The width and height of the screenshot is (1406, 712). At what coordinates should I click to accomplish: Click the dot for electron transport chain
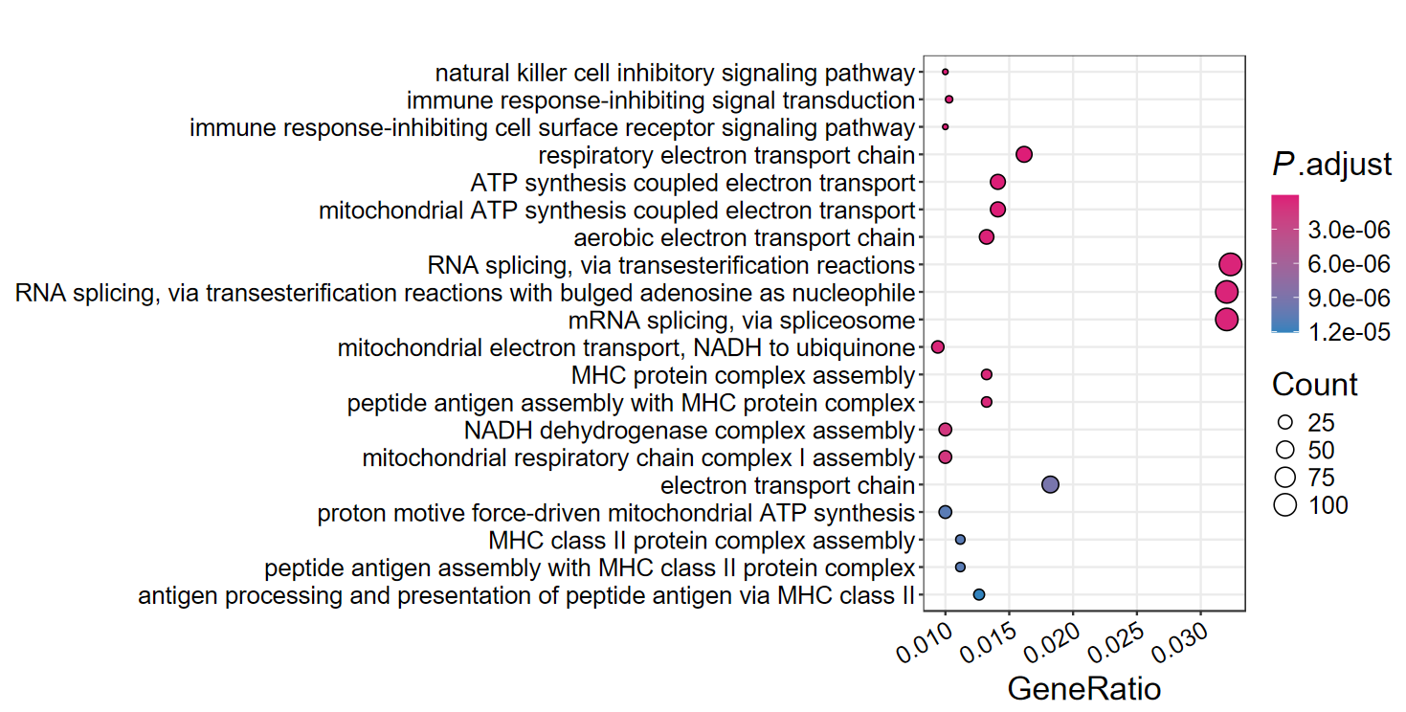[x=1050, y=485]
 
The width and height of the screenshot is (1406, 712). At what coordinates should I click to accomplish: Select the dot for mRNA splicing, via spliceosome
[x=1227, y=320]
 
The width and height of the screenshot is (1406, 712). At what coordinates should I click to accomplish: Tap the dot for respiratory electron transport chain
[x=1024, y=154]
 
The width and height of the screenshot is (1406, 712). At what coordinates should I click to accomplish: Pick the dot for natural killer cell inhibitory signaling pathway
[x=945, y=72]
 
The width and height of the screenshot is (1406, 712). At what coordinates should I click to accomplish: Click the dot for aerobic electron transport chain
[x=987, y=237]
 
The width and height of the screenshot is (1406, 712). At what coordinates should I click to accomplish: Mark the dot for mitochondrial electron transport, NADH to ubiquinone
[x=938, y=346]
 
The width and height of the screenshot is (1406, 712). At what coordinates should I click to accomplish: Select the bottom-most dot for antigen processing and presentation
[x=978, y=594]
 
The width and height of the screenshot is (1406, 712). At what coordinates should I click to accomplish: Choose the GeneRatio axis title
[x=1083, y=689]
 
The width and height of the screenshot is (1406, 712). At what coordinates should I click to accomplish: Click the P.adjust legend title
[x=1331, y=166]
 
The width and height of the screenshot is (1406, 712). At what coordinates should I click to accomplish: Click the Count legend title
[x=1314, y=385]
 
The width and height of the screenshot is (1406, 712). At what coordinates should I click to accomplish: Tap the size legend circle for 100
[x=1284, y=505]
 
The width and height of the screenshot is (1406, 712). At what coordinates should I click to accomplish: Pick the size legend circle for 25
[x=1284, y=422]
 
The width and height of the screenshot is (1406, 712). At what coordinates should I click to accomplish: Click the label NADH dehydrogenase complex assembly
[x=689, y=430]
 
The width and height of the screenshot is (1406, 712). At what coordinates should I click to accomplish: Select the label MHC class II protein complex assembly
[x=702, y=540]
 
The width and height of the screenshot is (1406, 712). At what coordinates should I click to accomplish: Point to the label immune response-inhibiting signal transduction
[x=660, y=100]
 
